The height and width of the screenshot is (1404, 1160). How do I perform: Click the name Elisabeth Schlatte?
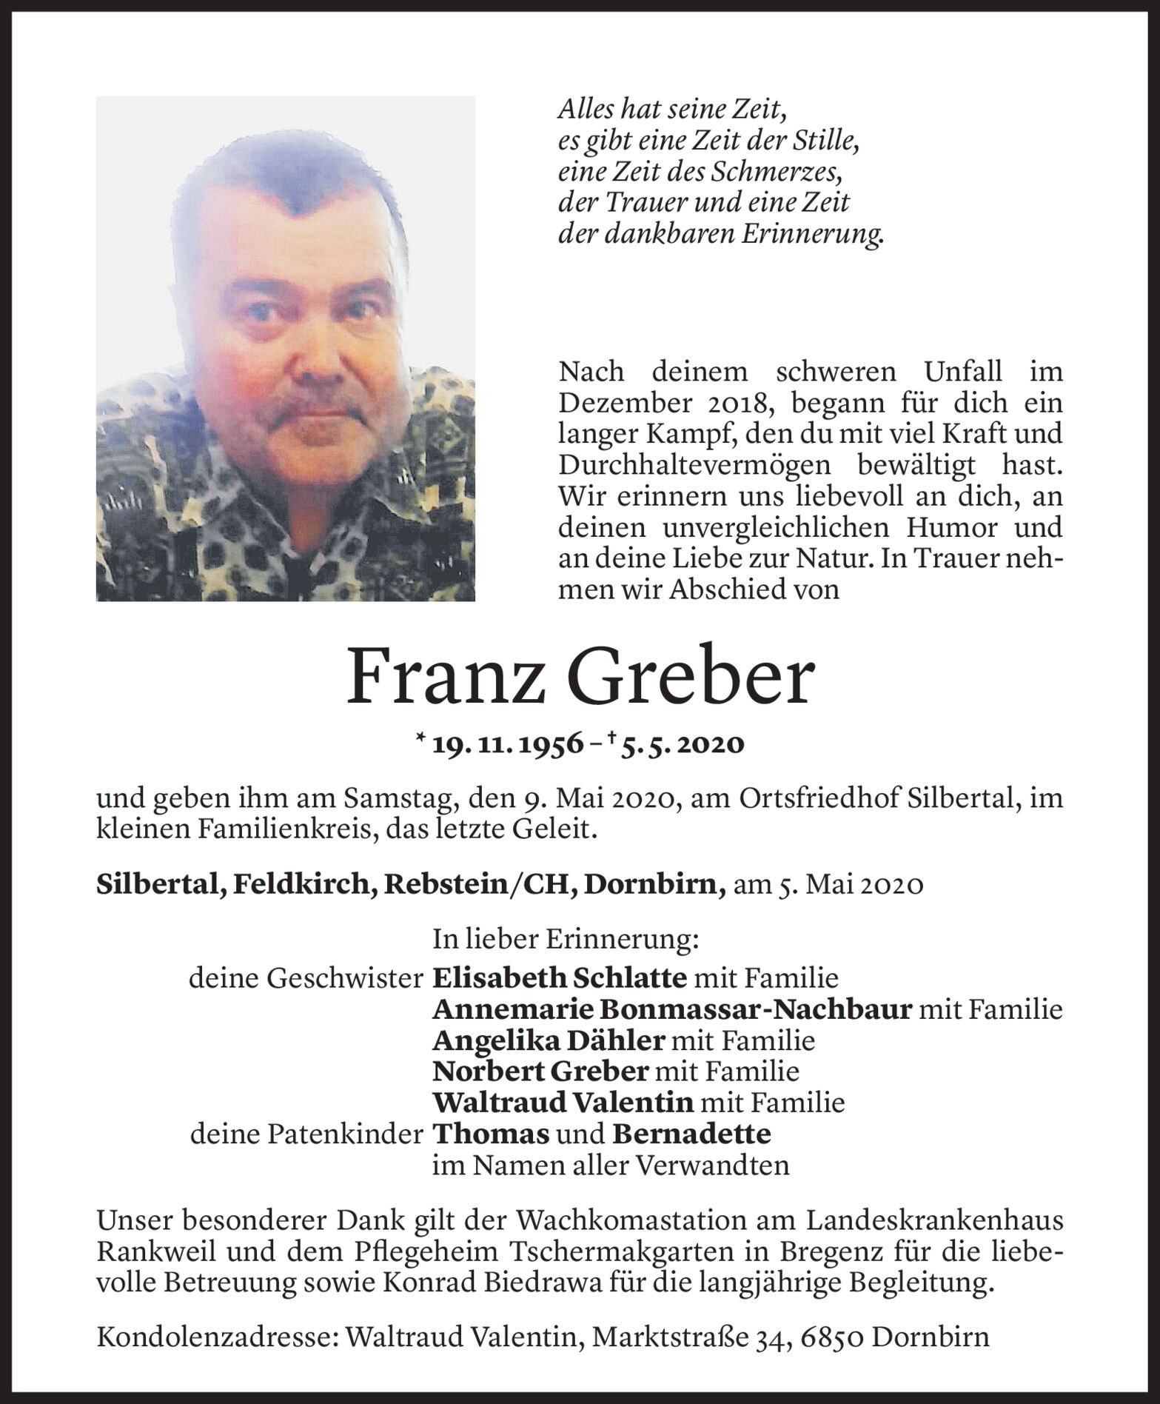click(x=560, y=978)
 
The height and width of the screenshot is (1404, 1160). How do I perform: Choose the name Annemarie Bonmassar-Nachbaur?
click(x=671, y=1009)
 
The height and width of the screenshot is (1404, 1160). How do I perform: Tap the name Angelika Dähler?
click(x=548, y=1040)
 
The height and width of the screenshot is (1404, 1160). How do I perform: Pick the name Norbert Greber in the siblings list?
click(x=541, y=1072)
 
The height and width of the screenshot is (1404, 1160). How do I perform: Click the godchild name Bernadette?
click(x=691, y=1134)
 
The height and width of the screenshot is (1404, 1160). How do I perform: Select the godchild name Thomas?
click(x=491, y=1134)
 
